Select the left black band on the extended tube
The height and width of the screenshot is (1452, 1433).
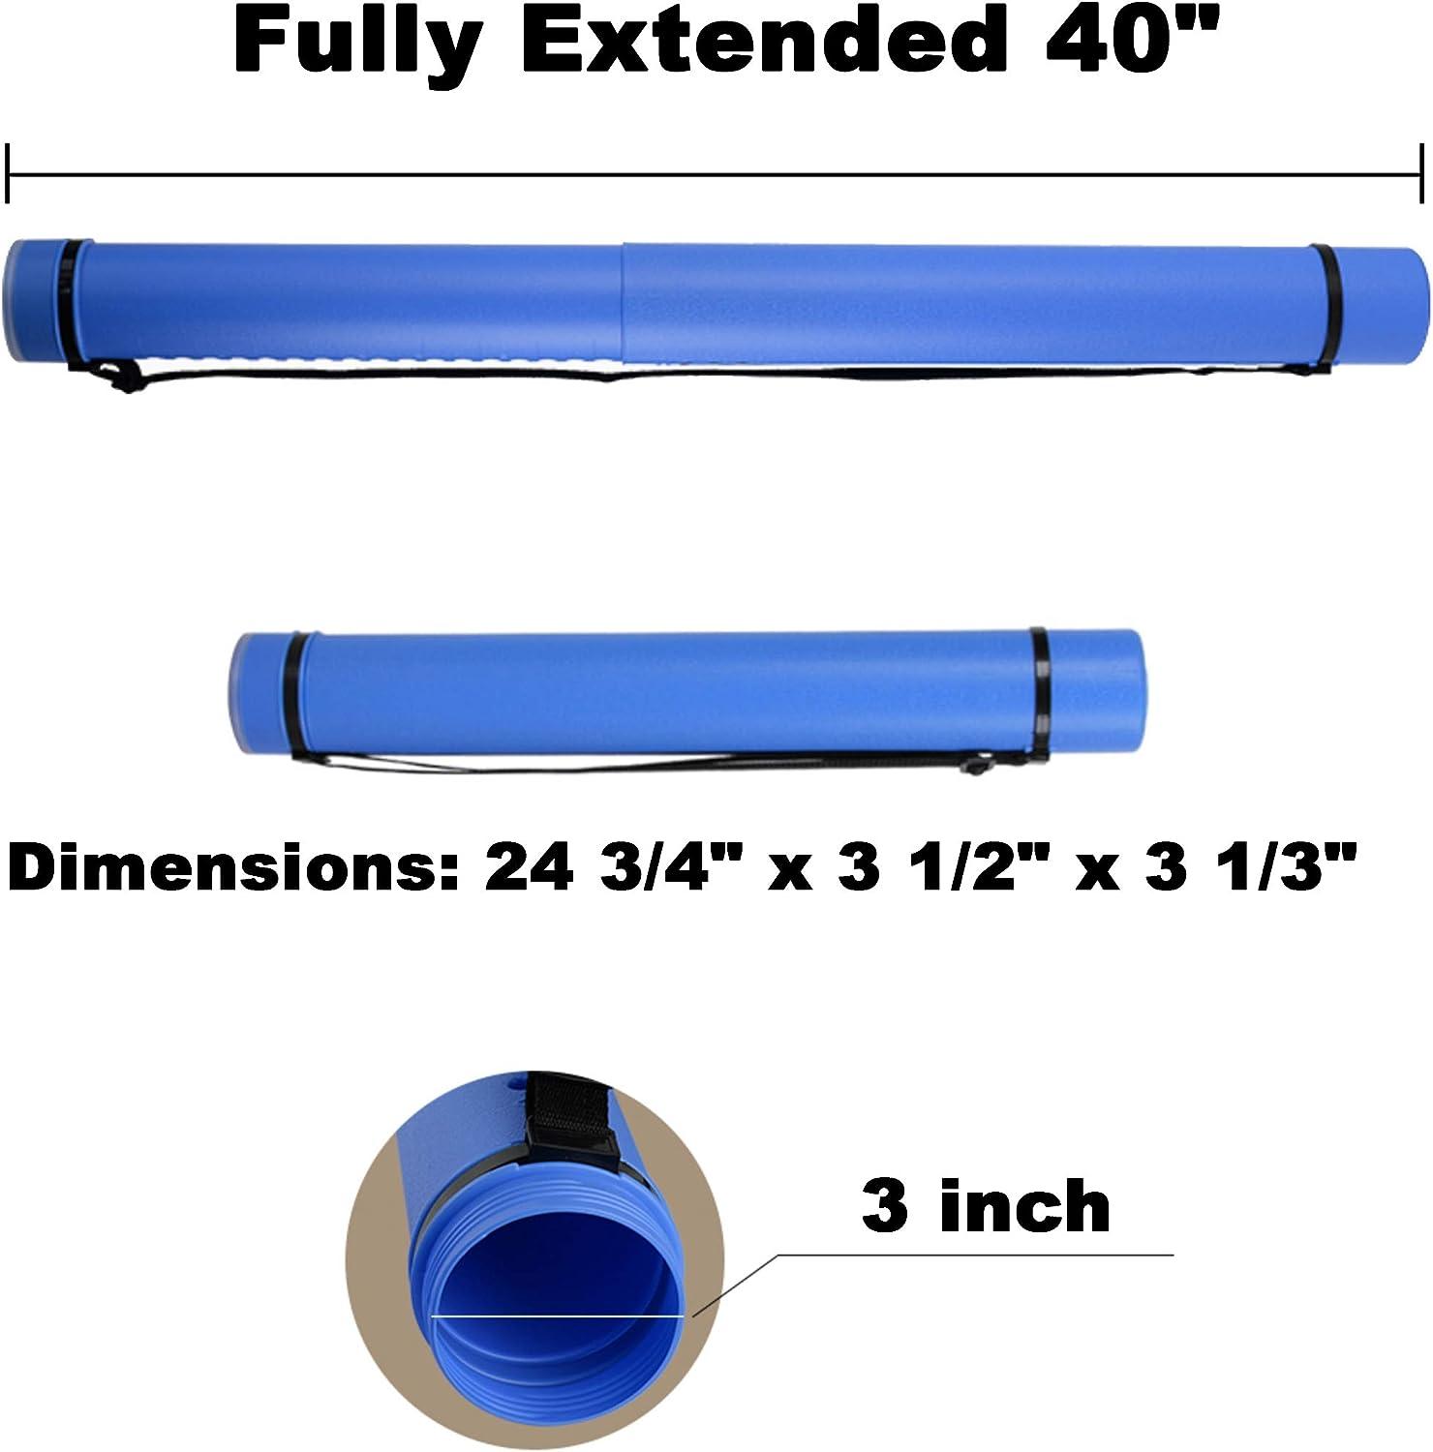70,302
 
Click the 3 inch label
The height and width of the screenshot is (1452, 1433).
986,1206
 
